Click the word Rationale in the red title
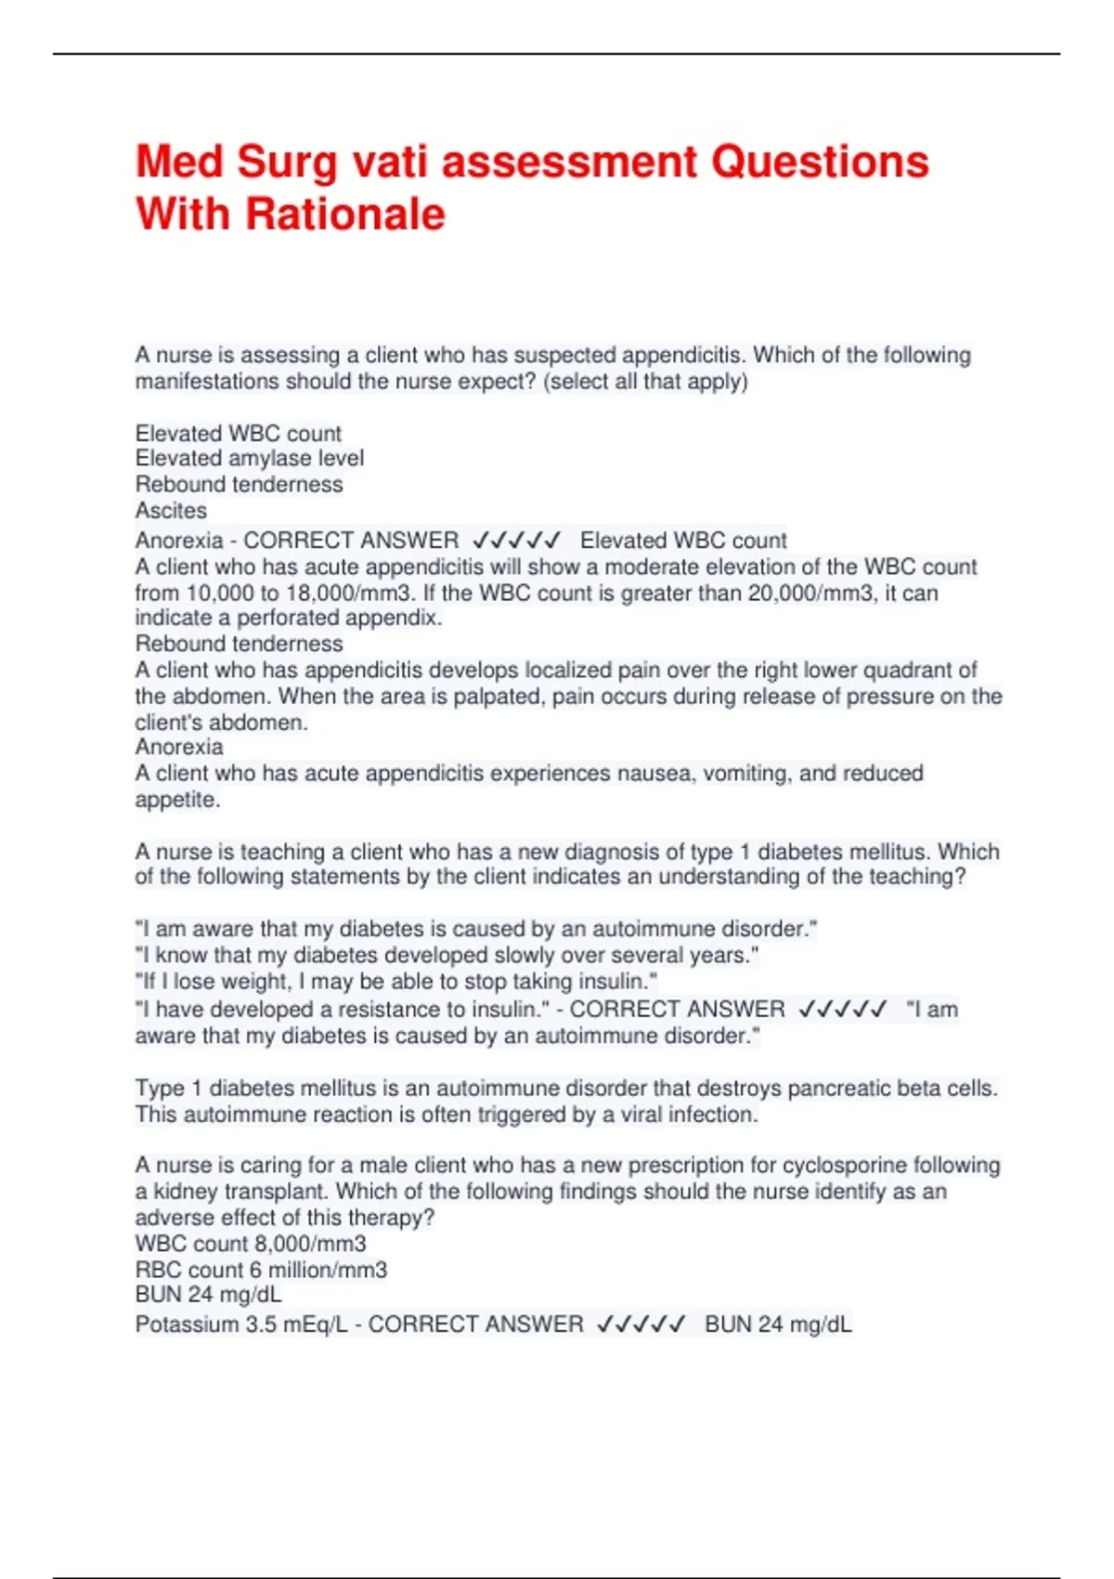(x=345, y=215)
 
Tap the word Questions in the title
(x=820, y=162)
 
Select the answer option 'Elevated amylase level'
(x=249, y=459)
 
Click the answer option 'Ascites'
(x=171, y=511)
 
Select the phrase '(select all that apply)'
(x=645, y=382)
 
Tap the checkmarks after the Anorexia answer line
(x=516, y=541)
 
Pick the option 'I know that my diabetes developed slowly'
(x=447, y=956)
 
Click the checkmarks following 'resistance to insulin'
(x=842, y=1010)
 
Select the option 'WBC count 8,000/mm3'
(x=251, y=1245)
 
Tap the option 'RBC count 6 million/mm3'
(x=261, y=1271)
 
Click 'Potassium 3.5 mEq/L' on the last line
(x=241, y=1325)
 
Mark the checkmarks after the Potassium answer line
(x=641, y=1325)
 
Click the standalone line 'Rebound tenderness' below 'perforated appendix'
(x=239, y=645)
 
